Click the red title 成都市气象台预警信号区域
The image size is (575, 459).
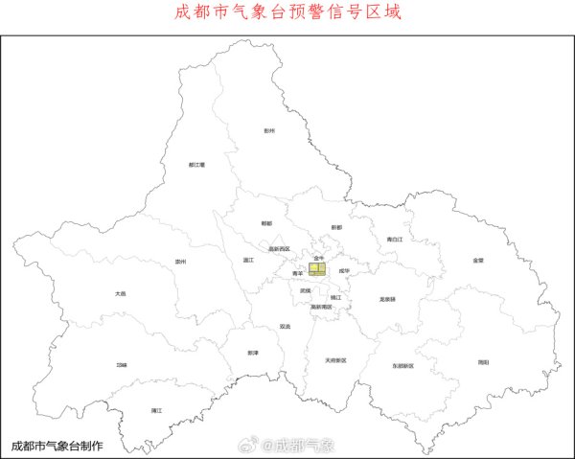pyautogui.click(x=287, y=13)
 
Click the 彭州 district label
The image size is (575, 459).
pyautogui.click(x=269, y=130)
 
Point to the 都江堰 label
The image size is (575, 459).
pyautogui.click(x=197, y=164)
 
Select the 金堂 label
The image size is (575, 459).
pyautogui.click(x=478, y=260)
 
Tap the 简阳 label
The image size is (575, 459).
pyautogui.click(x=483, y=362)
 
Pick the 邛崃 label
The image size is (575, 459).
pyautogui.click(x=121, y=364)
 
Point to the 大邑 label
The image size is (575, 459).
pyautogui.click(x=120, y=294)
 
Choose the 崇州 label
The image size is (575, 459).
pyautogui.click(x=180, y=260)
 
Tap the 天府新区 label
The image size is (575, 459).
pyautogui.click(x=335, y=360)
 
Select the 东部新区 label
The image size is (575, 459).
pyautogui.click(x=402, y=366)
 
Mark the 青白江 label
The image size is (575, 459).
pyautogui.click(x=396, y=239)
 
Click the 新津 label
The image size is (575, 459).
pyautogui.click(x=253, y=353)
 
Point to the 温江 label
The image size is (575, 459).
pyautogui.click(x=248, y=259)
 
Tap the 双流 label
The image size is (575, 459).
pyautogui.click(x=285, y=326)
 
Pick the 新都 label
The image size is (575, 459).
pyautogui.click(x=336, y=227)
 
